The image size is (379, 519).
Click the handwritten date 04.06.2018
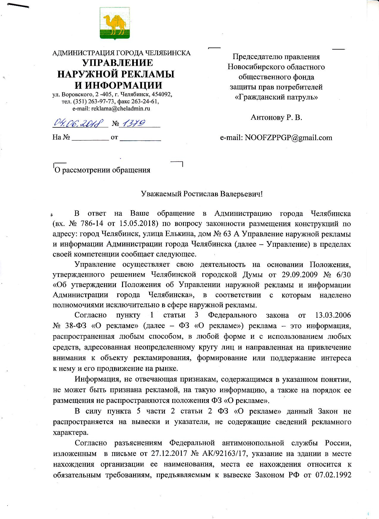point(79,123)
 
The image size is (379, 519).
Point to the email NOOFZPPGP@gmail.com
point(288,137)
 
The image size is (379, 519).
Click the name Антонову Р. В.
point(276,117)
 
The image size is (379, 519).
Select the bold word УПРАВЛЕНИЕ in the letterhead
point(117,63)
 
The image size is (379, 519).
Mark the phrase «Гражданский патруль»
point(276,97)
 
